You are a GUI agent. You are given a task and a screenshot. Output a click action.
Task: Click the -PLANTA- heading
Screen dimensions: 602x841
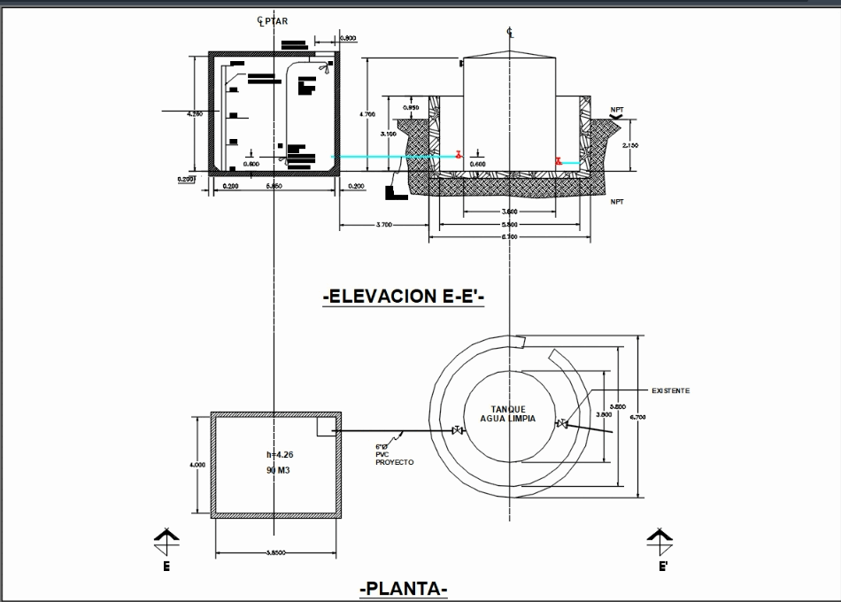pos(404,589)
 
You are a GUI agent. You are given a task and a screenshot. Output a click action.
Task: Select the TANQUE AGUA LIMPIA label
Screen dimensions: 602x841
pos(507,413)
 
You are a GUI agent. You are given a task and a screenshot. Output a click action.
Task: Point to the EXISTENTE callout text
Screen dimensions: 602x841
pos(670,390)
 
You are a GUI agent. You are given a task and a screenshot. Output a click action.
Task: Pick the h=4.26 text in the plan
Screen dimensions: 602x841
pos(279,455)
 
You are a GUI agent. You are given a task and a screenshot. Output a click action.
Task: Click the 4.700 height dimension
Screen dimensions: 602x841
pos(366,114)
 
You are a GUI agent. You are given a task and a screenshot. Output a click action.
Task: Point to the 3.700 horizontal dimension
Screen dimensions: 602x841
pos(383,226)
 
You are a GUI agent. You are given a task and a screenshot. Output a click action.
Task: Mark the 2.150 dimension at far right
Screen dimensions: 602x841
pos(630,145)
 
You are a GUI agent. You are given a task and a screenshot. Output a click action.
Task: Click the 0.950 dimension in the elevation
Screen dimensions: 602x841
pos(411,109)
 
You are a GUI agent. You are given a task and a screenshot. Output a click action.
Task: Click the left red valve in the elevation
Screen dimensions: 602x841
pos(458,155)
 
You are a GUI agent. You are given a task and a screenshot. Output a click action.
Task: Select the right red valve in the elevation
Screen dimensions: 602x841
pos(559,161)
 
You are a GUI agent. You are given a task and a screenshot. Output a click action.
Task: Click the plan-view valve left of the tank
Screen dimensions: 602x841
pos(458,431)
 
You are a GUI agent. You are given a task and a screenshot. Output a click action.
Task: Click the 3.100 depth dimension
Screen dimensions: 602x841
pos(388,134)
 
